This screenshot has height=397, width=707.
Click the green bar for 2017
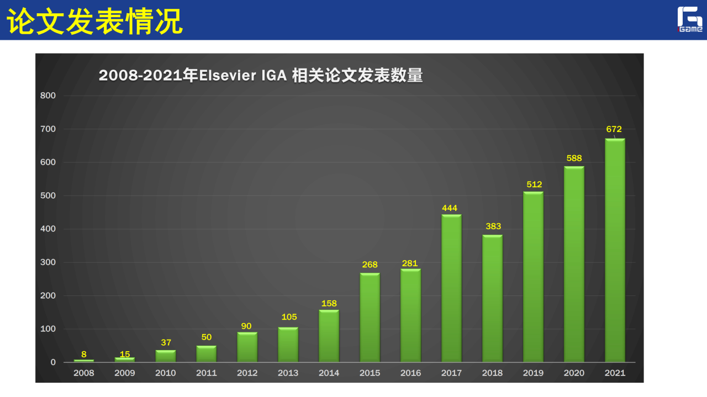point(451,288)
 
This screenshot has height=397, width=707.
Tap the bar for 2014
point(329,336)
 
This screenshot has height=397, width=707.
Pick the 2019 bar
point(533,277)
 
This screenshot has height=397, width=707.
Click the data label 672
point(614,129)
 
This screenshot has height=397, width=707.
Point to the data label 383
point(493,226)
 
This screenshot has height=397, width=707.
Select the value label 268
point(370,264)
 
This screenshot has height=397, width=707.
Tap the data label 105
point(289,317)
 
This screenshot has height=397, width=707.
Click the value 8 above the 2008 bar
point(84,354)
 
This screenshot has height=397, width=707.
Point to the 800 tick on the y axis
point(48,96)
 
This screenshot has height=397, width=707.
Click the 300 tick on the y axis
point(48,262)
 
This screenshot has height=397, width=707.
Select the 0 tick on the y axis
point(53,362)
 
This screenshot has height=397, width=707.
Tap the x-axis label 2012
point(247,373)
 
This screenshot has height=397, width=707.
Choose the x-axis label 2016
point(410,373)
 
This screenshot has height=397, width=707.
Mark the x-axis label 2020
point(574,373)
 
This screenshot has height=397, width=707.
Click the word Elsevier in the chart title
point(227,76)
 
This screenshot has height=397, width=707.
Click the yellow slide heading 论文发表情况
point(94,20)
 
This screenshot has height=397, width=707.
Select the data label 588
point(574,158)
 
